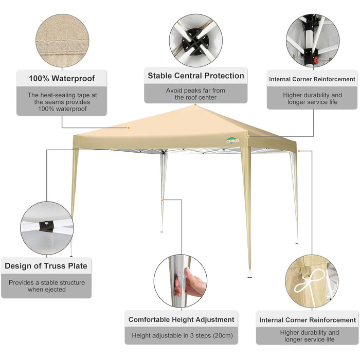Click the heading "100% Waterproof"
point(62,78)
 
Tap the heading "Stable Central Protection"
point(195,76)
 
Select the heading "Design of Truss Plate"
point(46,266)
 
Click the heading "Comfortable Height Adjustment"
point(181,319)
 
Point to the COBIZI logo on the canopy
point(232,140)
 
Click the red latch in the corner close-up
point(316,61)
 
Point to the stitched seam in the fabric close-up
point(62,41)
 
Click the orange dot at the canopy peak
point(195,104)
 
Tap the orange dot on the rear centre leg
point(162,201)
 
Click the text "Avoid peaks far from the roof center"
point(195,94)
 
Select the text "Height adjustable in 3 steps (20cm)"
point(182,335)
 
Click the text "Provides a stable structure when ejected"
point(47,286)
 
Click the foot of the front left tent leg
point(71,255)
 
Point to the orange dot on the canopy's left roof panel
point(129,128)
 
